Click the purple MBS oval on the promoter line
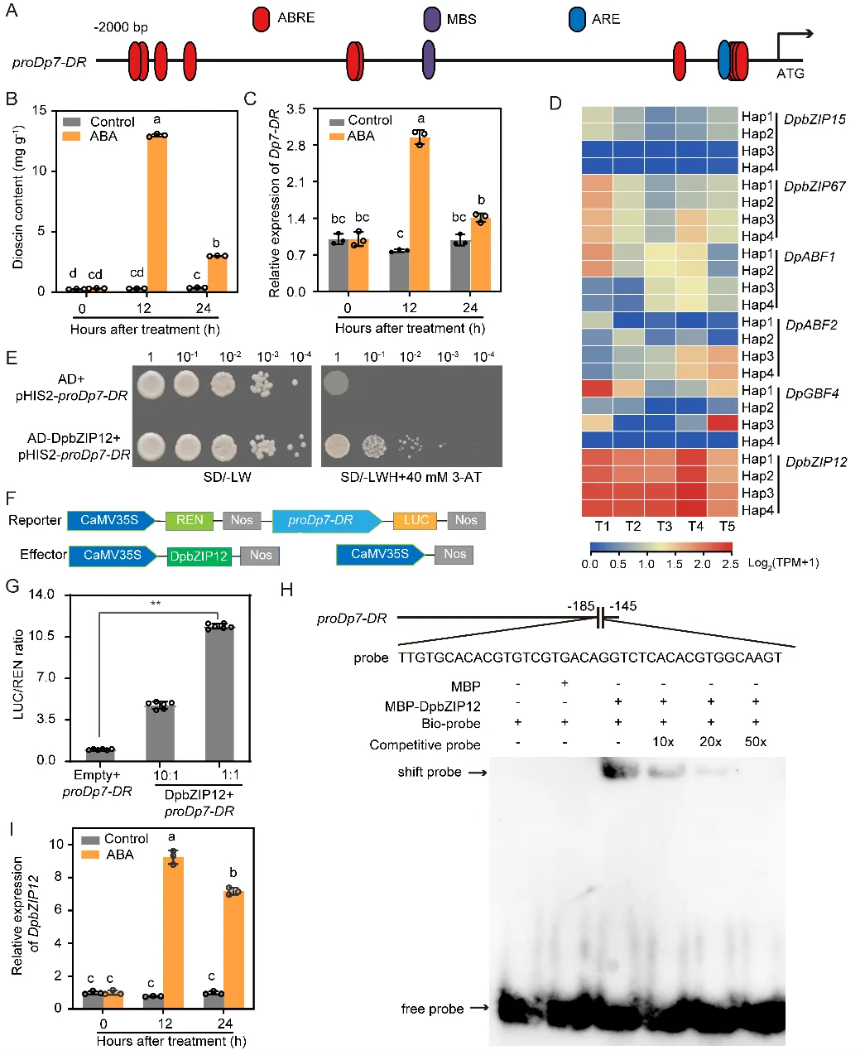click(429, 60)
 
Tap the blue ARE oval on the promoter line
click(724, 60)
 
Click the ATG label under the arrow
click(790, 73)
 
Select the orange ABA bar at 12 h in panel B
click(157, 212)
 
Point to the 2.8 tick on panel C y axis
click(295, 146)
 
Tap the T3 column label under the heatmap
click(664, 526)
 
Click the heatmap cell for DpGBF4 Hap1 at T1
click(597, 390)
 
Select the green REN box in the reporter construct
click(190, 520)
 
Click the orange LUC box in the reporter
click(416, 520)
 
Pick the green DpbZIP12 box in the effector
click(199, 555)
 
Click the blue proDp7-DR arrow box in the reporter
click(324, 520)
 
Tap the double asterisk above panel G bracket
click(156, 604)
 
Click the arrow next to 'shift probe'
click(476, 773)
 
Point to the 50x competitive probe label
click(756, 741)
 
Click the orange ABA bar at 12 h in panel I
click(173, 932)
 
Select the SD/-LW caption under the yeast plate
click(228, 477)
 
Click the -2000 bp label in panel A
click(121, 27)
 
